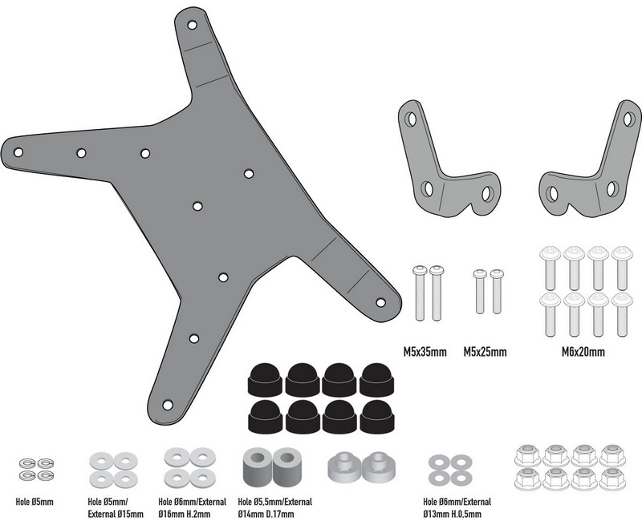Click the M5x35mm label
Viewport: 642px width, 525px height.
pos(425,351)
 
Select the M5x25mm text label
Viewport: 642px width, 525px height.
pos(485,351)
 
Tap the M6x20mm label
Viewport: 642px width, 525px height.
pos(583,351)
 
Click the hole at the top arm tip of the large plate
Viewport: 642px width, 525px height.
pos(192,25)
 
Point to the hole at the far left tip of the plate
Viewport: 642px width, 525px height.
pos(18,152)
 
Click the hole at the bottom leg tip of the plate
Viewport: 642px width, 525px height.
pos(168,405)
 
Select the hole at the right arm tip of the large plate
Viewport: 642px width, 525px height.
pos(380,302)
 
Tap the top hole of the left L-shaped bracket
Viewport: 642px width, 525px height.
pos(411,119)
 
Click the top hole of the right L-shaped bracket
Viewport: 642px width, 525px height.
pos(628,118)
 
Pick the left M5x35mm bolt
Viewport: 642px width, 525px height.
pos(420,293)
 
